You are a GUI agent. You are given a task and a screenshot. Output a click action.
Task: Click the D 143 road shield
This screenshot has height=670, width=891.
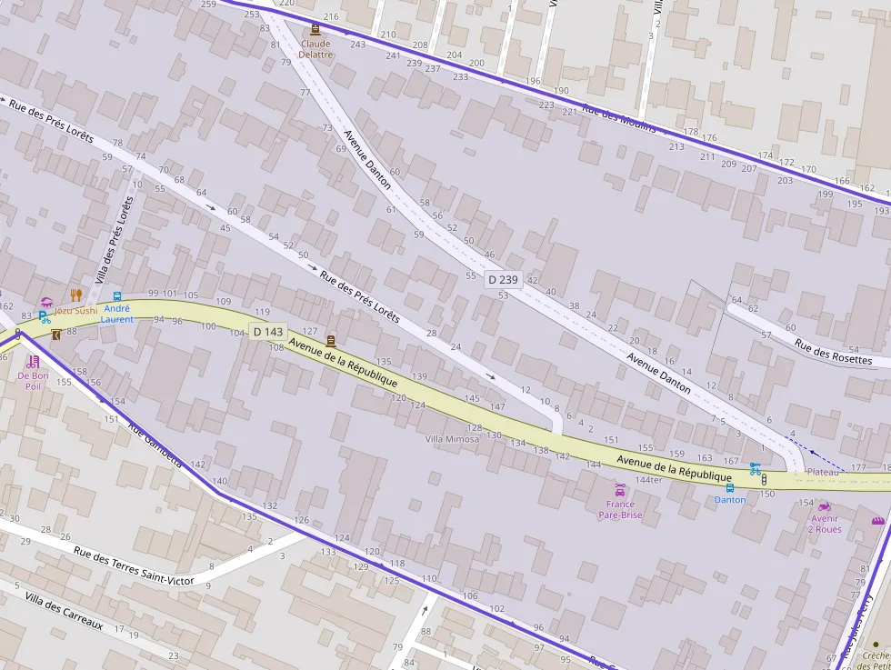click(x=269, y=332)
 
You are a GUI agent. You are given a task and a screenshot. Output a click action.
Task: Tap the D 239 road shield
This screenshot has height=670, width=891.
click(x=503, y=280)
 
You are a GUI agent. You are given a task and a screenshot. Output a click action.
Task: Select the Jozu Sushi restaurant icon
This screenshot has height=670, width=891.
click(x=76, y=295)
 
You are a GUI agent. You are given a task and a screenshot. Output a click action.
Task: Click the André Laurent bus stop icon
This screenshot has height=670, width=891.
click(x=117, y=296)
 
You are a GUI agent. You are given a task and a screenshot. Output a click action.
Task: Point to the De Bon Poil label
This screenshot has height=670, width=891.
click(x=34, y=380)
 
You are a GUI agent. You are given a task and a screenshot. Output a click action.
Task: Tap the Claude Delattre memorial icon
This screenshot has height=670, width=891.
click(x=315, y=29)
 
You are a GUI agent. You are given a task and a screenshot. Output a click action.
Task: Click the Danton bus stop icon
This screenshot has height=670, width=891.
click(x=729, y=487)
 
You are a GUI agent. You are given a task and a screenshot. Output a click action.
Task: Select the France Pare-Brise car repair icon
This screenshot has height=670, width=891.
click(x=620, y=491)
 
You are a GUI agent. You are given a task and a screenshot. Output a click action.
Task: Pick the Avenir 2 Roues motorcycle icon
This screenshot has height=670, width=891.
click(x=825, y=506)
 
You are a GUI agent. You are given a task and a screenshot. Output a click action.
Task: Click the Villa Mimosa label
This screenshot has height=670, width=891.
click(x=452, y=439)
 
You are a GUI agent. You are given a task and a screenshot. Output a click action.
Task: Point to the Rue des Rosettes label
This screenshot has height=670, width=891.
click(x=833, y=352)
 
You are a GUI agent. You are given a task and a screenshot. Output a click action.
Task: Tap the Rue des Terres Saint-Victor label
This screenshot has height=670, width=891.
click(x=134, y=565)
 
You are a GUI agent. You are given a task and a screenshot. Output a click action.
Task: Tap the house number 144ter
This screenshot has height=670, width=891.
click(x=648, y=479)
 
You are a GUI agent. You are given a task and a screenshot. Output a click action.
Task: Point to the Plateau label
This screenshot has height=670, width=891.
click(x=823, y=472)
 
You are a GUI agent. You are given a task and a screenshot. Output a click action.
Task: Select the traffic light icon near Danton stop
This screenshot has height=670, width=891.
click(x=764, y=479)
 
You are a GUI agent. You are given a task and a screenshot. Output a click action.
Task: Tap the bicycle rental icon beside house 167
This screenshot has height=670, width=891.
click(x=755, y=469)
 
